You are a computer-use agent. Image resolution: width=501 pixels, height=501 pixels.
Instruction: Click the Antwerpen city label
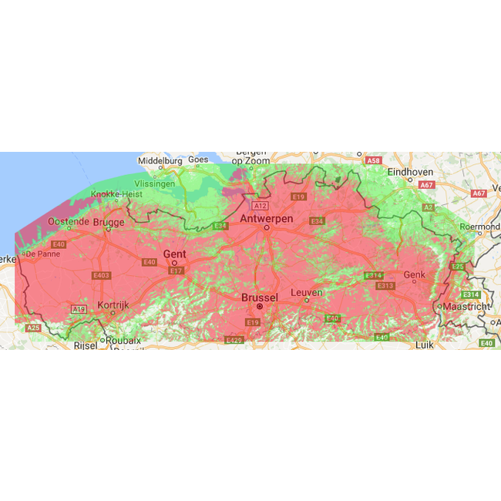(x=266, y=218)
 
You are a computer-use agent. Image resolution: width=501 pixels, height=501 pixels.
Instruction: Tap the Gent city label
(x=174, y=254)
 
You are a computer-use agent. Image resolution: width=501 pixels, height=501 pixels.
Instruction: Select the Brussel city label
(x=259, y=297)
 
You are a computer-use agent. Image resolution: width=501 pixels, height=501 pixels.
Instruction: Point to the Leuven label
(x=306, y=292)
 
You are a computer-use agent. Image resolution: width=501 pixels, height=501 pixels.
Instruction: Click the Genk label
(x=414, y=274)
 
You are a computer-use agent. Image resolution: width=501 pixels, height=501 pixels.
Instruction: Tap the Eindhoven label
(x=411, y=172)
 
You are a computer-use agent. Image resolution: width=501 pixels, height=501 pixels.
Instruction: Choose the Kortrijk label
(x=113, y=304)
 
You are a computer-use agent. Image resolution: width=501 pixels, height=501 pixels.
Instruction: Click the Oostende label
(x=69, y=221)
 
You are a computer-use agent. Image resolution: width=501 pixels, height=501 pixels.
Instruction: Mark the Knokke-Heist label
(x=116, y=195)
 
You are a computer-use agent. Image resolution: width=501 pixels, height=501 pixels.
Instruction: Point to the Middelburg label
(x=160, y=161)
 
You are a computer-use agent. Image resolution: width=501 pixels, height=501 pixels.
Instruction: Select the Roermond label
(x=479, y=227)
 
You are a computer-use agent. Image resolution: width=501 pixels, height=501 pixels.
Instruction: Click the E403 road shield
(x=101, y=275)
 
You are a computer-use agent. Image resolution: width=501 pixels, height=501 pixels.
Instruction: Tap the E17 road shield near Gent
(x=176, y=271)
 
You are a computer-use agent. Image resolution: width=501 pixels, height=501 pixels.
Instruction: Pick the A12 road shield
(x=260, y=206)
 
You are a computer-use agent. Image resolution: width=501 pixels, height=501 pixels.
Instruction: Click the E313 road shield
(x=385, y=286)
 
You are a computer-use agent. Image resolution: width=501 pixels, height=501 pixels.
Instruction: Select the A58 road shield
(x=374, y=160)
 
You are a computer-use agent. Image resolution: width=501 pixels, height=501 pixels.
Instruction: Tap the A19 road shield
(x=79, y=309)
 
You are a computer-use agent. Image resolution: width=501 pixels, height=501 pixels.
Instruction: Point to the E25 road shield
(x=458, y=267)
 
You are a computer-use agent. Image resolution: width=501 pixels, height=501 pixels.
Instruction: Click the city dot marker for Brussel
(x=260, y=306)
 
